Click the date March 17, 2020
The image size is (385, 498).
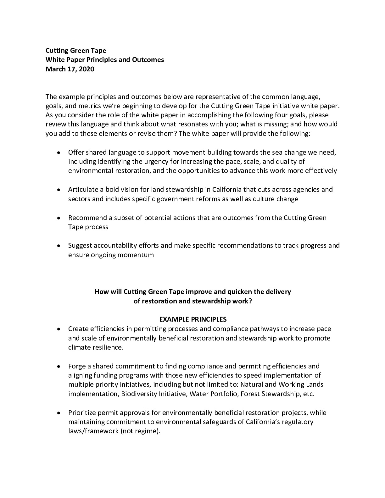(x=70, y=69)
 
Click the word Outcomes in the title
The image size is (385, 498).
(x=148, y=60)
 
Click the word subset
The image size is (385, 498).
(x=126, y=218)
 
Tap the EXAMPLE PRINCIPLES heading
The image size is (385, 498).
(x=193, y=319)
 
